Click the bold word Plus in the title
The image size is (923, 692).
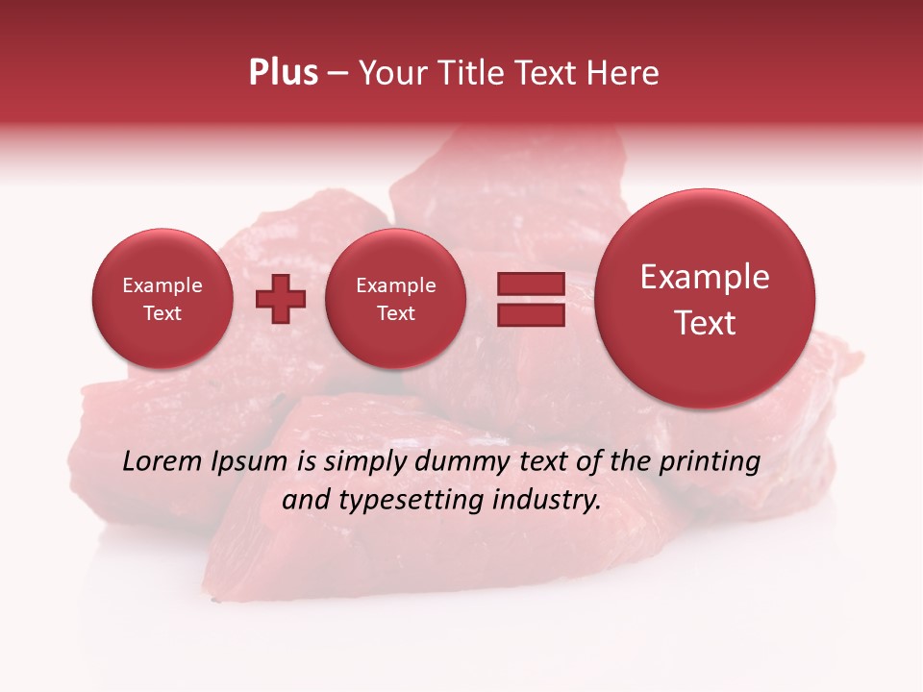283,73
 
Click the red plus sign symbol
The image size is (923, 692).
281,299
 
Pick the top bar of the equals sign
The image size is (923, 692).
531,284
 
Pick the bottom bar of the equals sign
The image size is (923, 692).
531,314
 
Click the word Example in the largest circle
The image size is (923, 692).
705,277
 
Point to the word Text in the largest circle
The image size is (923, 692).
705,323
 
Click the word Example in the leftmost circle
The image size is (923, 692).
162,285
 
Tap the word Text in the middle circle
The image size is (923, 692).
395,313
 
